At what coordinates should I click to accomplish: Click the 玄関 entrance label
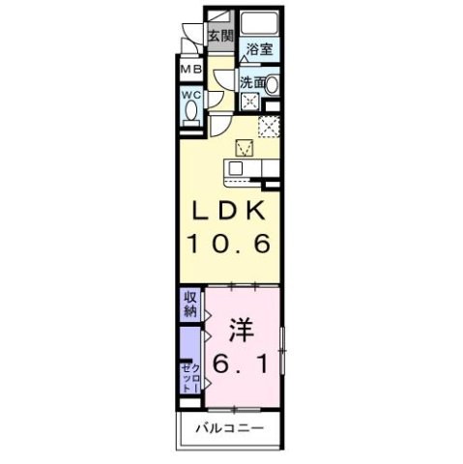(x=220, y=37)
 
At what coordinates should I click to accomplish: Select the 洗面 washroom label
(x=253, y=83)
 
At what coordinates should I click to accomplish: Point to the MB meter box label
(x=189, y=70)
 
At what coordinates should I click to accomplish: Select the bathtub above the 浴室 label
(x=258, y=25)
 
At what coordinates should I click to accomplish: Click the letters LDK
(x=228, y=212)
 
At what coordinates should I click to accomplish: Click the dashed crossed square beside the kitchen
(x=270, y=126)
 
